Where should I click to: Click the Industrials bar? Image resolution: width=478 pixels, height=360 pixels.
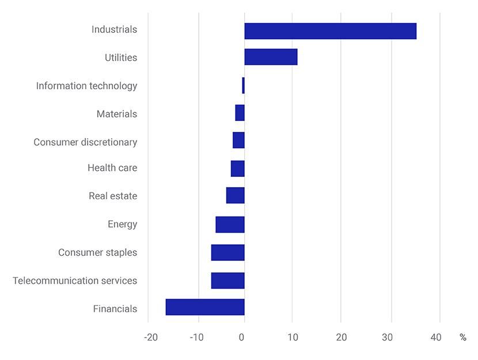330,31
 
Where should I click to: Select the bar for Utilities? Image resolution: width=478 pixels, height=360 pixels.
271,57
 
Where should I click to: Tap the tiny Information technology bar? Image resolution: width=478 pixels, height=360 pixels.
243,85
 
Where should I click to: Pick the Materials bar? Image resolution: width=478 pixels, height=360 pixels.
240,113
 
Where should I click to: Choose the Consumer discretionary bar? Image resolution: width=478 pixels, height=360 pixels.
238,140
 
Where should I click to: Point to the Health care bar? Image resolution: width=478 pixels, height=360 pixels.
237,168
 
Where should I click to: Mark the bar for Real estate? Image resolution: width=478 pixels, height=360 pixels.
235,195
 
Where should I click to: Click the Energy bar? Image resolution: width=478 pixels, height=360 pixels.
230,224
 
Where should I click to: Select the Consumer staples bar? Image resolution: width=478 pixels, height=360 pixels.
227,252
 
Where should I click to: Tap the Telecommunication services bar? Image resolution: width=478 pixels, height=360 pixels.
227,281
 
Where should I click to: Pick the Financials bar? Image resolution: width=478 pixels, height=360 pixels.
205,307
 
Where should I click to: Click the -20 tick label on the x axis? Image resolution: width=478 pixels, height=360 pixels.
150,338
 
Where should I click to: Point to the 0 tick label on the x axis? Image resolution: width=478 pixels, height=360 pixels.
242,338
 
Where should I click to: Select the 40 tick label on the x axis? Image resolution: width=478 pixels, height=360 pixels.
436,338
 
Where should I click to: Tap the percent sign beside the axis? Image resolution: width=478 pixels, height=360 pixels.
462,338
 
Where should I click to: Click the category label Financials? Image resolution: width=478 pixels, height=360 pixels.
115,309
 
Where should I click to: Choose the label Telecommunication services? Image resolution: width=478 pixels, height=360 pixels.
75,281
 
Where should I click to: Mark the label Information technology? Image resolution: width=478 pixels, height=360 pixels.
86,86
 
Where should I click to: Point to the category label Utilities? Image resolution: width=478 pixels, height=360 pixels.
121,58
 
